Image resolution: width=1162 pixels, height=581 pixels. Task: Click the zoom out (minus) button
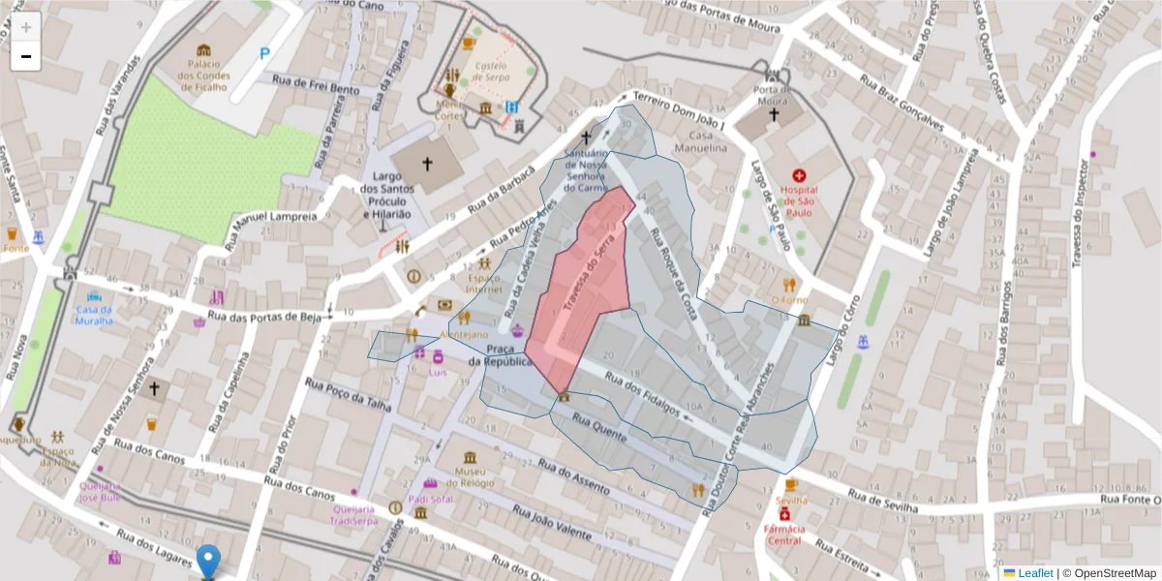[x=26, y=56]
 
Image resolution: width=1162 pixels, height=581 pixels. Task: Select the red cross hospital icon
[x=799, y=176]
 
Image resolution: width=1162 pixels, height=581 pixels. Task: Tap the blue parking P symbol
[x=264, y=54]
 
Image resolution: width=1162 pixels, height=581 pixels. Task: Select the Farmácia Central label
[x=784, y=535]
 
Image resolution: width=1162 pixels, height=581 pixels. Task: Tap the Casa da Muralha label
[x=94, y=315]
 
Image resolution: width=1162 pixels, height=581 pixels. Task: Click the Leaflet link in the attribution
[x=1035, y=573]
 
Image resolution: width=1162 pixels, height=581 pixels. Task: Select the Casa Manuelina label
[x=708, y=141]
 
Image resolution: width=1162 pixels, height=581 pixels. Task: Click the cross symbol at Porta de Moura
[x=774, y=115]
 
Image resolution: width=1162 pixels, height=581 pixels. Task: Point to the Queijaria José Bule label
[x=100, y=492]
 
